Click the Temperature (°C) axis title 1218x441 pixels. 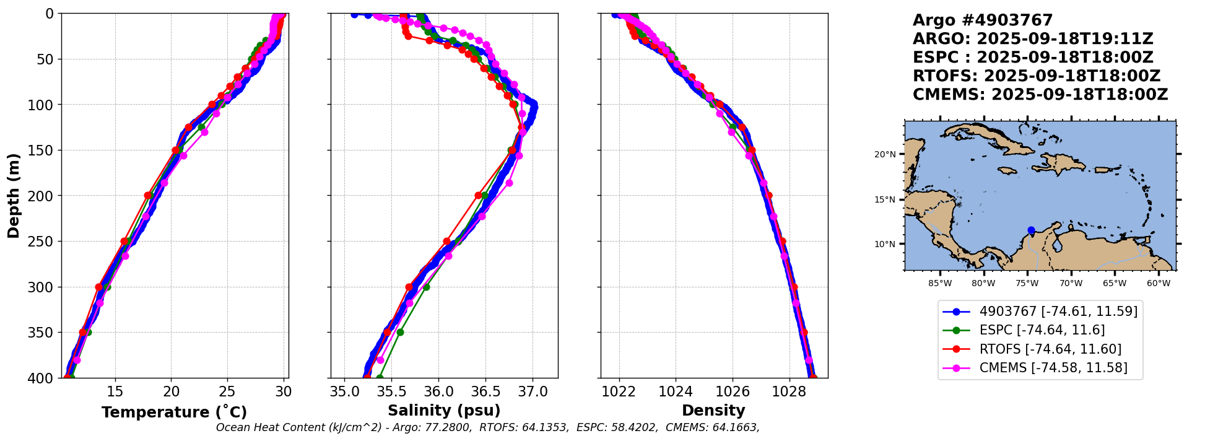coord(174,412)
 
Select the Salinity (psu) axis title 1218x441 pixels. coord(444,411)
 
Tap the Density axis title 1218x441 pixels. coord(713,411)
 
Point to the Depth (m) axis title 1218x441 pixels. coord(13,196)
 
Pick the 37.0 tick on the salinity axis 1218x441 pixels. coord(533,392)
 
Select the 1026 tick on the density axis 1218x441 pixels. coord(733,392)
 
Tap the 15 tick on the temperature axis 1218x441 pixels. coord(115,392)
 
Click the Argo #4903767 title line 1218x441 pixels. coord(983,20)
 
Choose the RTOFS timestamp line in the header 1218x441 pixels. coord(1036,76)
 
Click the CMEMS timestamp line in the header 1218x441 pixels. coord(1040,95)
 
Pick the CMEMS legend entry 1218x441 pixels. coord(1053,368)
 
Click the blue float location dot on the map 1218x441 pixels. coord(1031,230)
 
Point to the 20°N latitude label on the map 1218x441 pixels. coord(885,154)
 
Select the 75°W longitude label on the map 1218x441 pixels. coord(1027,284)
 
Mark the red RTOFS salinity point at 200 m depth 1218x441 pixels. coord(479,195)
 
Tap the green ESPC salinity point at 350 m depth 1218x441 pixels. coord(400,333)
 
